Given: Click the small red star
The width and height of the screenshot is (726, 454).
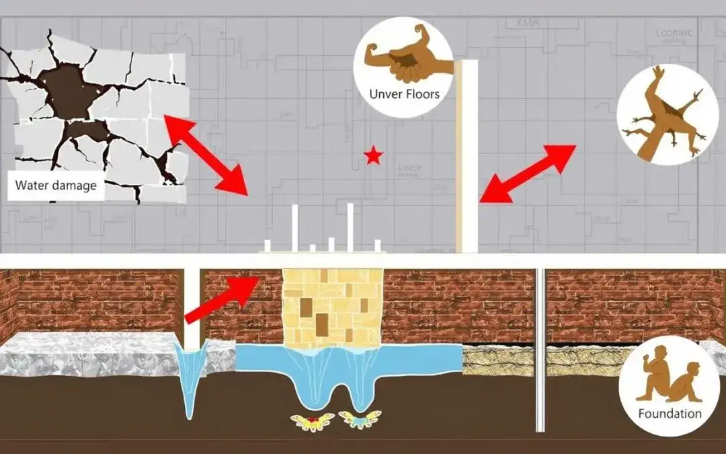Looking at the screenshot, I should [x=373, y=157].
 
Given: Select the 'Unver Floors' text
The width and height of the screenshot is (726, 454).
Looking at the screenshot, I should [x=404, y=93].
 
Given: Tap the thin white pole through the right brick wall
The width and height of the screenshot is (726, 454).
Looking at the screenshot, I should [x=540, y=350].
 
